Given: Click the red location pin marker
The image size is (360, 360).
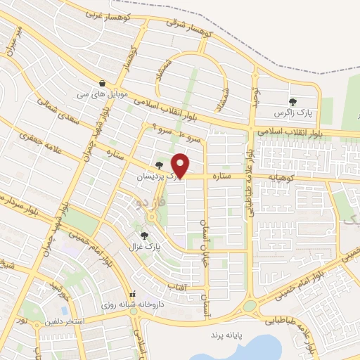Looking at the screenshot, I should coord(181,165).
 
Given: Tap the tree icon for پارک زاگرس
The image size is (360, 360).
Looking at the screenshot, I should coord(292,102).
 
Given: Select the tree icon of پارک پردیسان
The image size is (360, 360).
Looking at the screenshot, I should coord(159,167).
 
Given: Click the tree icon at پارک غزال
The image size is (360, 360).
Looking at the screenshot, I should coord(145,236).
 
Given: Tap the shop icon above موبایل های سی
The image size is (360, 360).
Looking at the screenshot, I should coord(103,82).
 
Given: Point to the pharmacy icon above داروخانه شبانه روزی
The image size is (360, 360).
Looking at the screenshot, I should coord(130,295).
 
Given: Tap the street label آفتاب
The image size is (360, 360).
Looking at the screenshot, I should coord(176,286).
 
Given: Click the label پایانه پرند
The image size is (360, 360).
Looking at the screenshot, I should coord(226,335).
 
